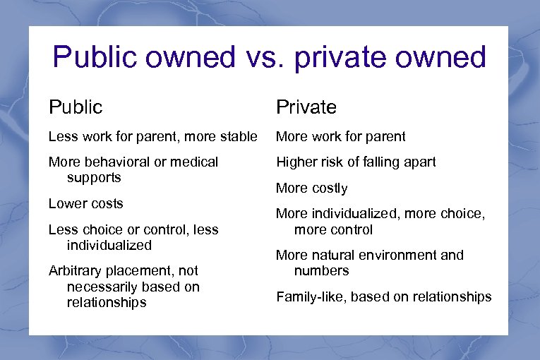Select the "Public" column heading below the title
tap(76, 107)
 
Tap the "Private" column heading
tap(306, 107)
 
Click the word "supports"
tap(94, 178)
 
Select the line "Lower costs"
tap(85, 203)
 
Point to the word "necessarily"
tap(102, 287)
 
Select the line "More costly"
tap(311, 188)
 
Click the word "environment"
tap(398, 255)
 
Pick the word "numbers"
tap(321, 271)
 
